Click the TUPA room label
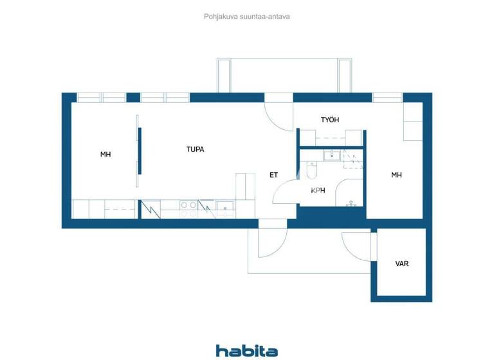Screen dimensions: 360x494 (196, 150)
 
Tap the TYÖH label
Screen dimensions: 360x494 (330, 120)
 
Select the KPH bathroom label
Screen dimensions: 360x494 (318, 190)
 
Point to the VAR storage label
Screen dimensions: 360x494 (402, 264)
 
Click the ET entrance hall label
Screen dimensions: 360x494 (273, 175)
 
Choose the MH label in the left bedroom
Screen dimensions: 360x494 (105, 154)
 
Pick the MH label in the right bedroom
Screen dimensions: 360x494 (397, 175)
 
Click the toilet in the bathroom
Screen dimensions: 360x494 (312, 170)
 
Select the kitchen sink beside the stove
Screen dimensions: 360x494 (225, 206)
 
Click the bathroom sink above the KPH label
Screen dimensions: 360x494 (332, 155)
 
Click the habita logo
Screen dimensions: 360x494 (247, 350)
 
